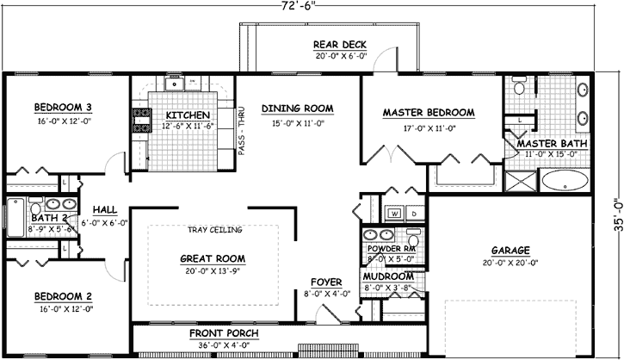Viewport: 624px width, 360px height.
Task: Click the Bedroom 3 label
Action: point(64,107)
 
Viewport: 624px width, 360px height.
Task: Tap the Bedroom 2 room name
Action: point(64,296)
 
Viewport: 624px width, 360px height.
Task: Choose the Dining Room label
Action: point(297,108)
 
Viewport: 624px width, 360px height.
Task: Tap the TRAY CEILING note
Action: point(214,230)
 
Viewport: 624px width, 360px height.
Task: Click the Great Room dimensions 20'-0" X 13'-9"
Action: point(212,270)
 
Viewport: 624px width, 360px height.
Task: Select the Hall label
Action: point(105,209)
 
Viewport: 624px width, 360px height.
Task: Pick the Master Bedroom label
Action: point(429,113)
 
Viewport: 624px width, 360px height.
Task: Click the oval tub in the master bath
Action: point(565,181)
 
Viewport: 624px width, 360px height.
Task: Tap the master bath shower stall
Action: point(520,180)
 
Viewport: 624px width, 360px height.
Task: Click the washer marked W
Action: point(394,212)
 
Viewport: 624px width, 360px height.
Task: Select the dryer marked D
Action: point(413,212)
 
